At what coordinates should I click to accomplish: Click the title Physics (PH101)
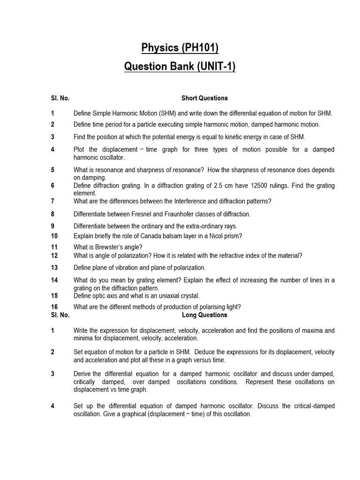(x=180, y=47)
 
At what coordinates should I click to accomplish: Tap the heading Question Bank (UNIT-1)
(x=180, y=67)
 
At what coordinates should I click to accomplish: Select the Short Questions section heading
(x=204, y=98)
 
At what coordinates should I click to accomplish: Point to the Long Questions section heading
(x=204, y=315)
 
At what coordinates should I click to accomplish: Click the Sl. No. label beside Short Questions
(x=60, y=98)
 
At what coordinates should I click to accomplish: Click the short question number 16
(x=54, y=307)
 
